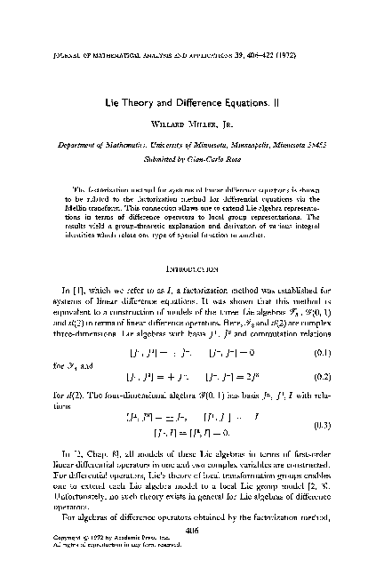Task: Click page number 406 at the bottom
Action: [x=192, y=532]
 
